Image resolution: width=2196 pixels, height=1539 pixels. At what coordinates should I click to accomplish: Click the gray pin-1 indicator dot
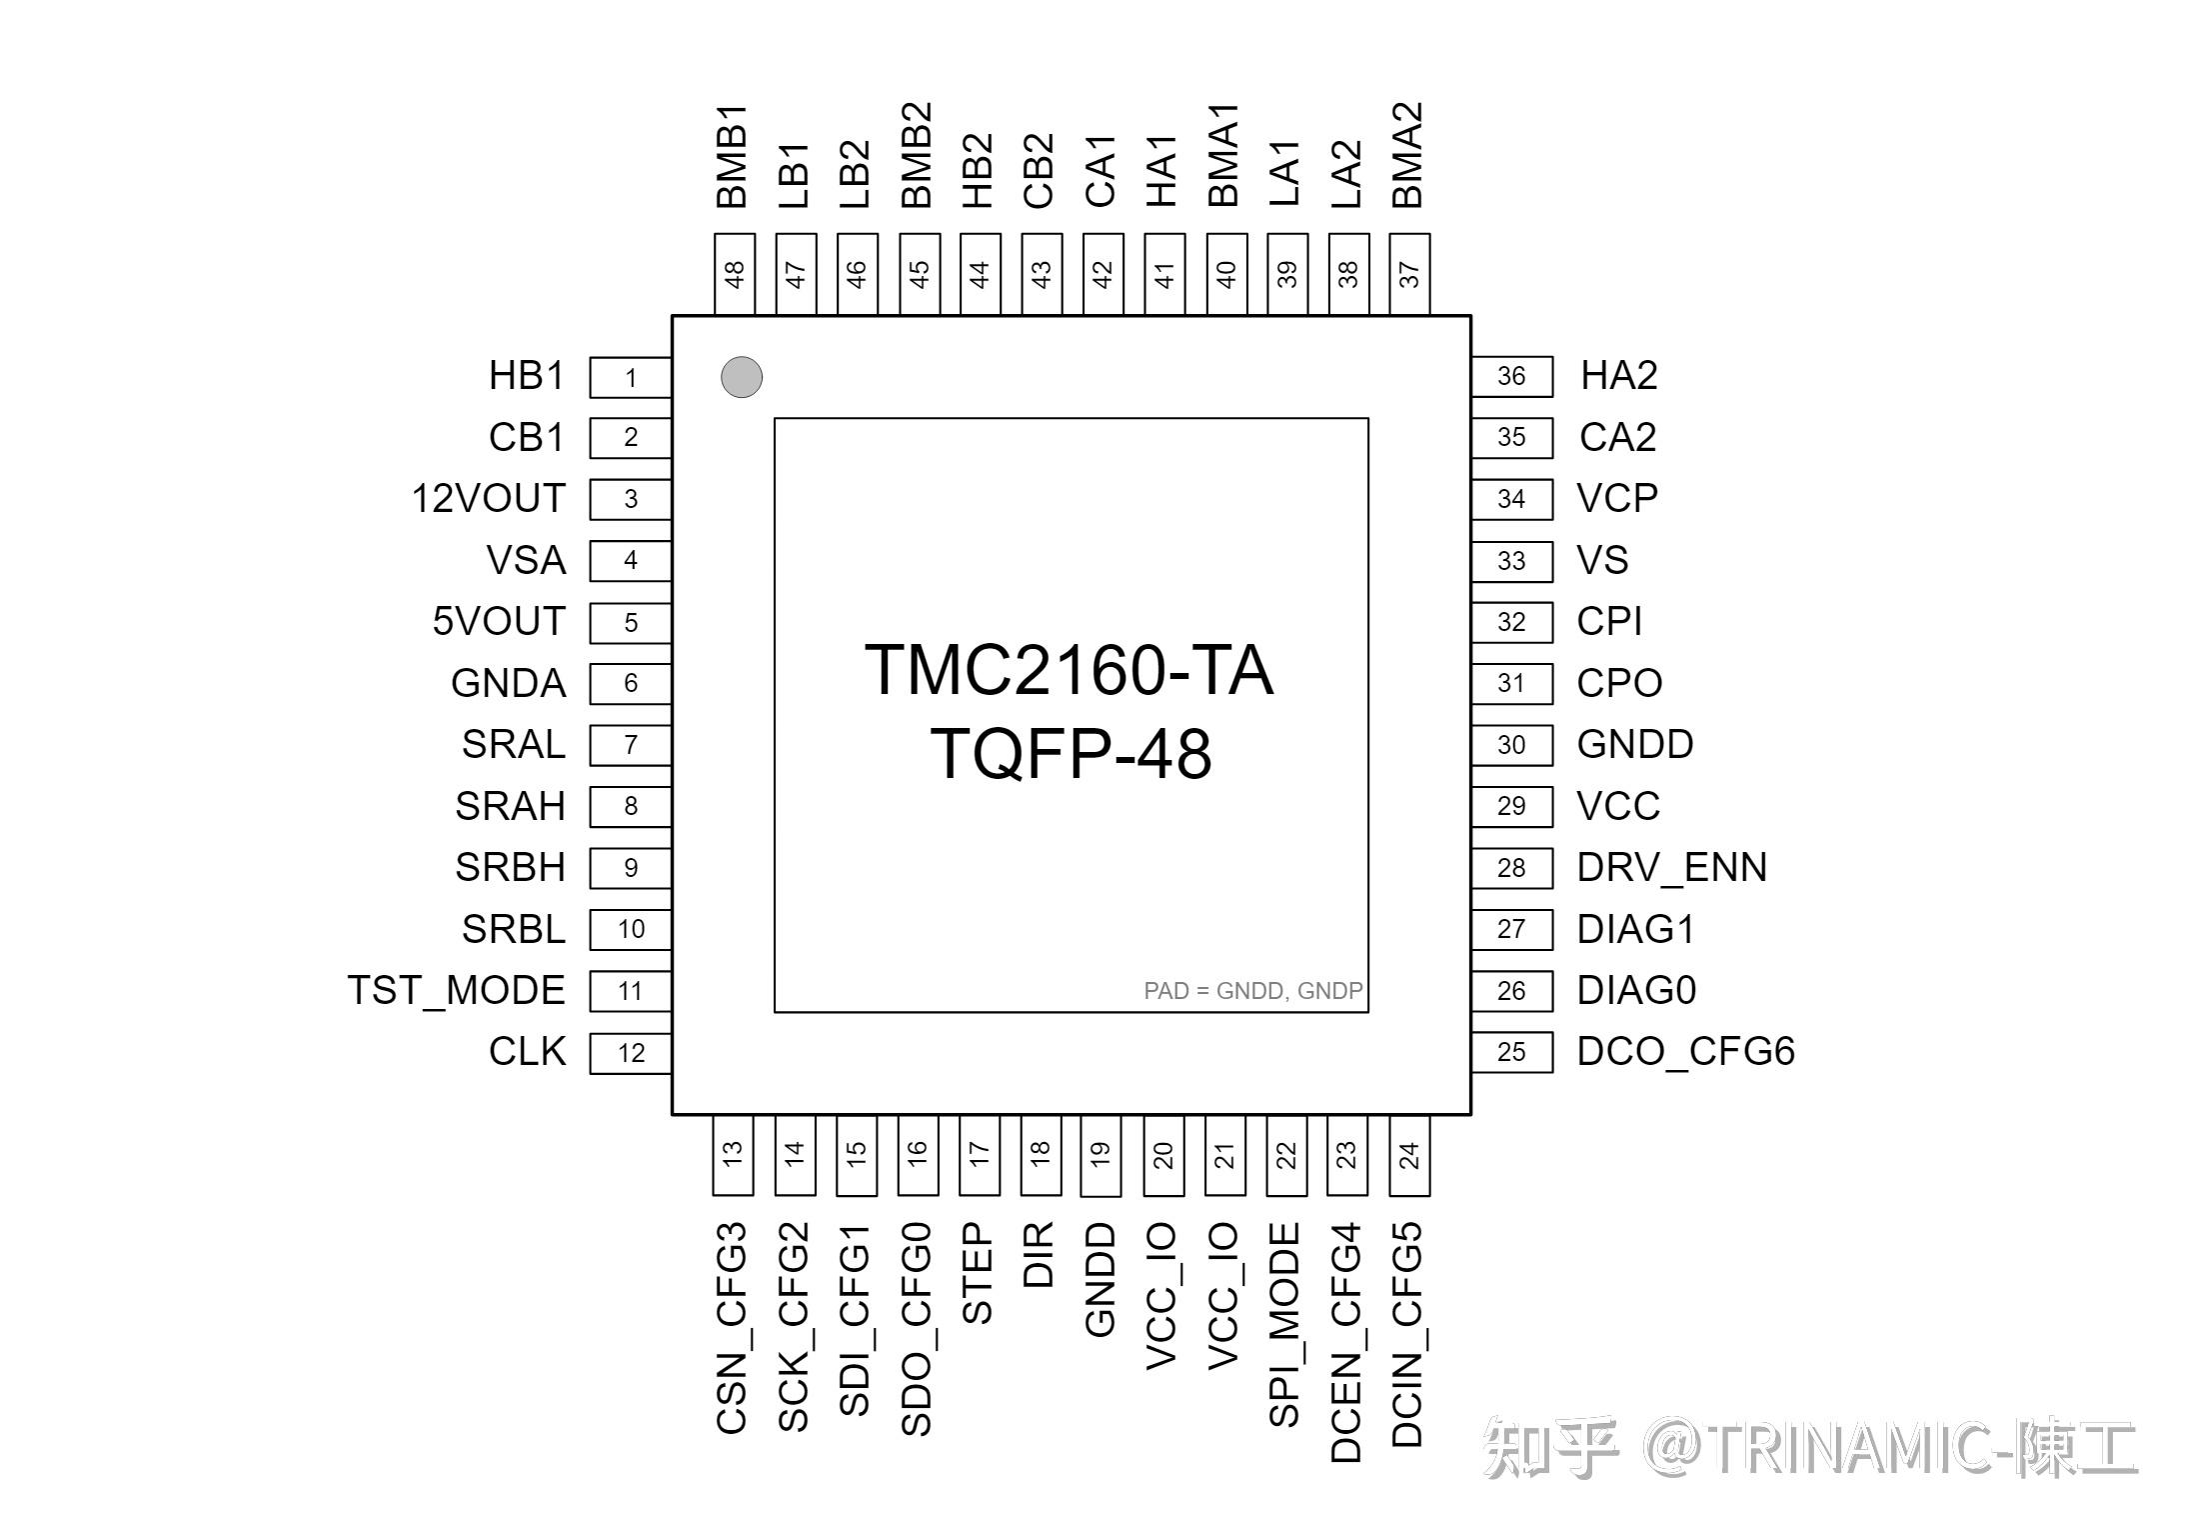(741, 377)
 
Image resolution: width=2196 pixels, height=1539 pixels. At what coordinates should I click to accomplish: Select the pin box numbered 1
(630, 377)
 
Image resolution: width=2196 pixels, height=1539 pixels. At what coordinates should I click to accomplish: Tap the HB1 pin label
(526, 376)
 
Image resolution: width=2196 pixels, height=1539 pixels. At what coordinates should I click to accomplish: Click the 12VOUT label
(488, 498)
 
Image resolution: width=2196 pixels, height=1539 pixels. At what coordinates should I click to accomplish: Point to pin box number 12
(630, 1053)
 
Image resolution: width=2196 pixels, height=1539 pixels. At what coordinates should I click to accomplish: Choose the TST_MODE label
(456, 990)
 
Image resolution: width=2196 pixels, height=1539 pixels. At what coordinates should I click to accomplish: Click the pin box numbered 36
(1511, 376)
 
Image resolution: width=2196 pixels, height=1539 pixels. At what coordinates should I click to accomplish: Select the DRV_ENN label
(1671, 867)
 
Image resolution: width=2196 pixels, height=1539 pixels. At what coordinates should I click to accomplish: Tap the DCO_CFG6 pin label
(1685, 1051)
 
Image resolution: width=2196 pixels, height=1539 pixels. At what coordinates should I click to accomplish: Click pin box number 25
(1511, 1052)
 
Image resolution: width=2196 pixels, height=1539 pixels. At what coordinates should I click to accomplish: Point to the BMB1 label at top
(733, 155)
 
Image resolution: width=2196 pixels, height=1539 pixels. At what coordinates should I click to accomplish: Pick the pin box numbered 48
(735, 274)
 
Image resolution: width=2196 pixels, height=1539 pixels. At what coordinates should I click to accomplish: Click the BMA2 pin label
(1407, 155)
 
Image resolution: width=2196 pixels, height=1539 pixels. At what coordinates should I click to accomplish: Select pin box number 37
(1409, 274)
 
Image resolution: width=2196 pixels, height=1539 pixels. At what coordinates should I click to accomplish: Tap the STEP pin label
(978, 1272)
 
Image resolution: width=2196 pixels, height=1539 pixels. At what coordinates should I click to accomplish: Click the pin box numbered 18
(1041, 1155)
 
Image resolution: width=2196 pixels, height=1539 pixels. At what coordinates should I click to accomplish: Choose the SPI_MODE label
(1284, 1324)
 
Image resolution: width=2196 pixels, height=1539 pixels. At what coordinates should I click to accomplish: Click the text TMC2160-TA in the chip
(1069, 670)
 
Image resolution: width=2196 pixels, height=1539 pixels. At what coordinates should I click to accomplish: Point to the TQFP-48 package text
(1071, 754)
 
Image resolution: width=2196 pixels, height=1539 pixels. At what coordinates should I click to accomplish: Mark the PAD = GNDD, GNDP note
(1252, 991)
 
